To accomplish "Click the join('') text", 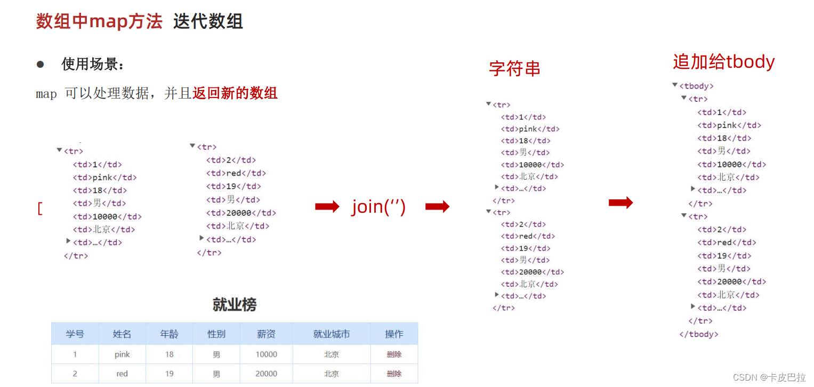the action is [x=378, y=207].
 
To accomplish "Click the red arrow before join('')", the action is [x=327, y=207].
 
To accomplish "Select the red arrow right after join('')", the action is [x=438, y=207].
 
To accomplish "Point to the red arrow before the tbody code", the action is [x=620, y=203].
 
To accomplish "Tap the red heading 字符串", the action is [x=514, y=69].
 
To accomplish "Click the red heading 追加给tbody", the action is [x=723, y=62].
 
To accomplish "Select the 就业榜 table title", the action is [x=235, y=305].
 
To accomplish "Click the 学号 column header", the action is [x=75, y=334].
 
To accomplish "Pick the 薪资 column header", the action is [x=266, y=334].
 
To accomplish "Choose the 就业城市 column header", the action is [x=332, y=334].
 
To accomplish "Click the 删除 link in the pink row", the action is [x=394, y=354].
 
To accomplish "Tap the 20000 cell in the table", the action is [x=266, y=374].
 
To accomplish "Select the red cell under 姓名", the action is [x=122, y=374].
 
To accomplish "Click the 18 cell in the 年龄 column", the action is [x=169, y=354].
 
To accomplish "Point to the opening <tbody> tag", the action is [x=696, y=86].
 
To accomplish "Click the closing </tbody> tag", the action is [x=699, y=334].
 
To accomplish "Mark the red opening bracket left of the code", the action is [x=40, y=208].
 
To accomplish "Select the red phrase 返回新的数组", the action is [x=235, y=93].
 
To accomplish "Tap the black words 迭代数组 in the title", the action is [x=208, y=21].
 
